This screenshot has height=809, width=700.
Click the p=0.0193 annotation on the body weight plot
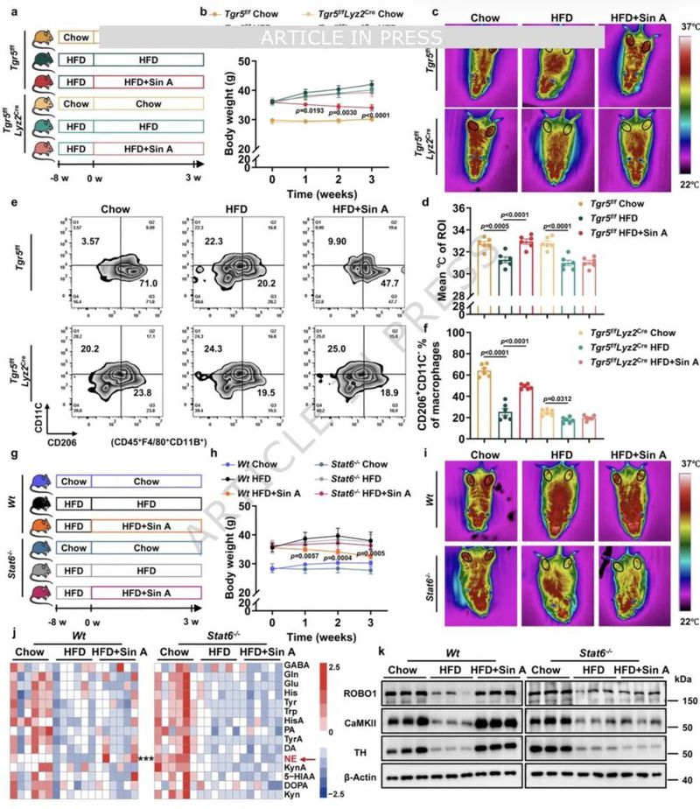click(309, 113)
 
